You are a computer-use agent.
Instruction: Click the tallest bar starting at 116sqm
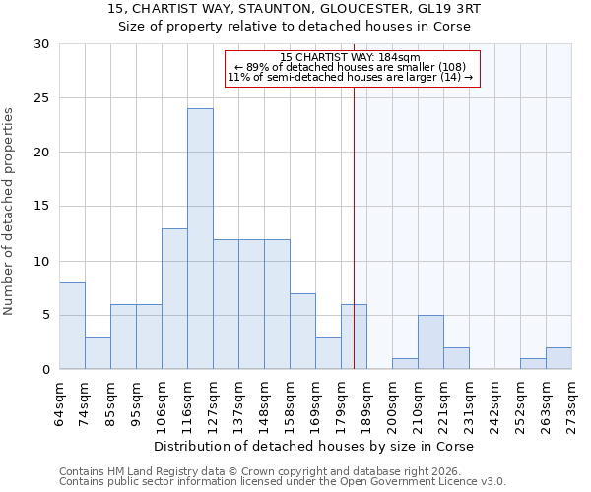point(200,239)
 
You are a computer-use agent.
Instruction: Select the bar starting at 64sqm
point(72,326)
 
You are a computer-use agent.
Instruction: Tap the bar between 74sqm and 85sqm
point(98,352)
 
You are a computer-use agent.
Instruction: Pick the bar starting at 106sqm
point(174,299)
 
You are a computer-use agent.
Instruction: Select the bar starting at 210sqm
point(430,342)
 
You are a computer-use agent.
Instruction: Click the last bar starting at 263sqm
point(558,358)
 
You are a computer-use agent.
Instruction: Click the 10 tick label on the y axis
point(41,261)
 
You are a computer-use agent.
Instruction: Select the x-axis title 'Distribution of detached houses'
point(315,447)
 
